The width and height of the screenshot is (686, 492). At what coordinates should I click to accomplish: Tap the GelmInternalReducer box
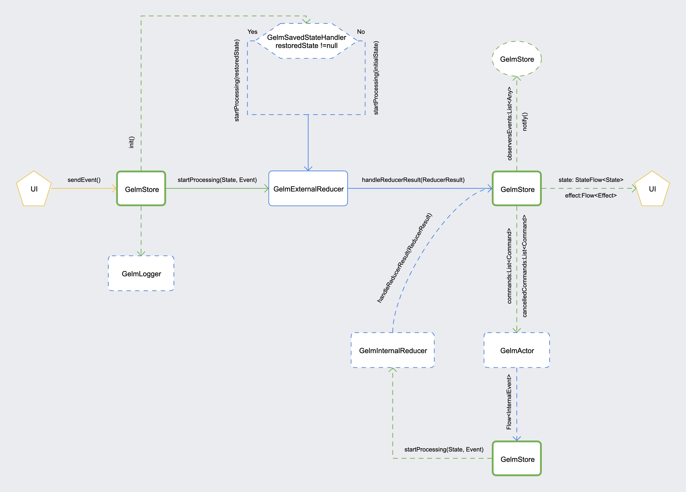[393, 350]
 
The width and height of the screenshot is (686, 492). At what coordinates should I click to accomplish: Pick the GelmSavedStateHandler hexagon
[306, 41]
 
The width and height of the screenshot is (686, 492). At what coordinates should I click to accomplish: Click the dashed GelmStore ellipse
[517, 59]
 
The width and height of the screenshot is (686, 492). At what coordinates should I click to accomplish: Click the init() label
[131, 142]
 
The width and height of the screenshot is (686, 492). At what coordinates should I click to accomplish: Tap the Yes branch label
[252, 32]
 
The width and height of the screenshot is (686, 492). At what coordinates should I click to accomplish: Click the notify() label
[525, 122]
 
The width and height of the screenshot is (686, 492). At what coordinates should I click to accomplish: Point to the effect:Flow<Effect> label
[590, 195]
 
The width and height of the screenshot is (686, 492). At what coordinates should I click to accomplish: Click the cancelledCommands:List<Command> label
[525, 266]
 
